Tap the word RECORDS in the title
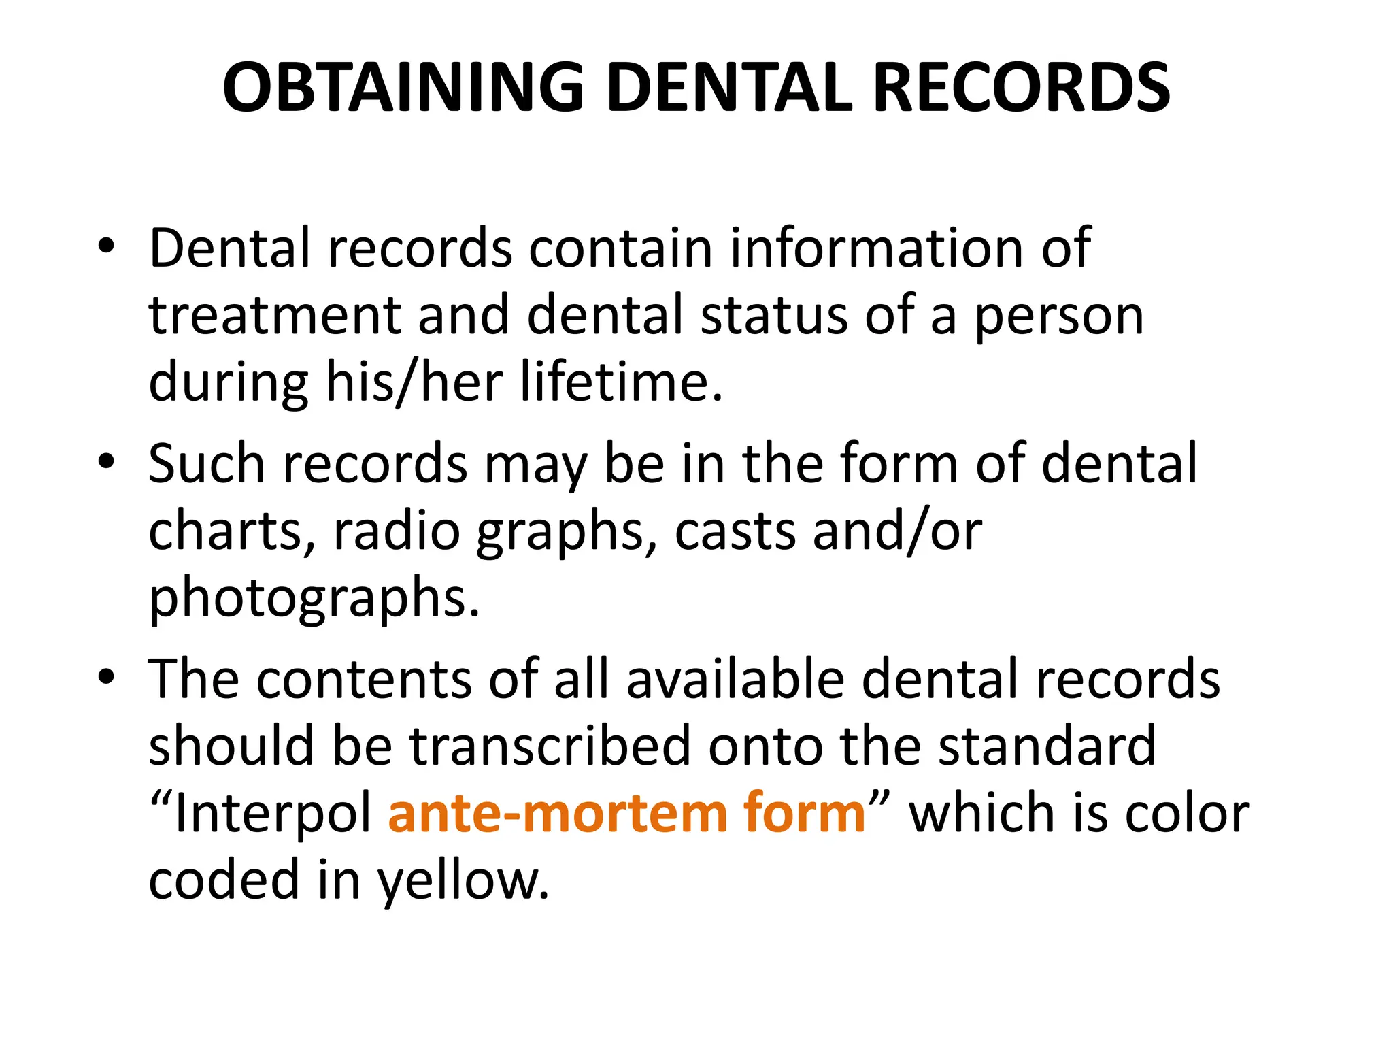coord(1020,87)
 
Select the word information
coord(877,248)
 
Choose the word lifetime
coord(620,382)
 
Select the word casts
coord(735,531)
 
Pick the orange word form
coord(804,812)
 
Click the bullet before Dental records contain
coord(106,246)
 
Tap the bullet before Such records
coord(106,462)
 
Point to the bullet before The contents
coord(106,678)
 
